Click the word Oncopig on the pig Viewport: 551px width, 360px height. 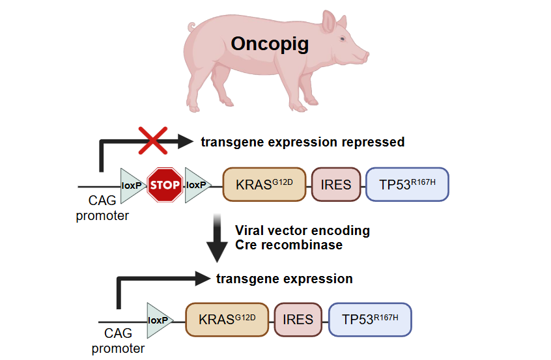[269, 45]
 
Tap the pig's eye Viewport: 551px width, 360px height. [343, 39]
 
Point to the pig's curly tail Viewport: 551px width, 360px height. [191, 28]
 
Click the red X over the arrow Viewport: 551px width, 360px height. [152, 141]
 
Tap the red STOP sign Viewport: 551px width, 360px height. [165, 185]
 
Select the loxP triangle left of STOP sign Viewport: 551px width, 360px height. [132, 185]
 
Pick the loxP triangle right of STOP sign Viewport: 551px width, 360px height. [197, 185]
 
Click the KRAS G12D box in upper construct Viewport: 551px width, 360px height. [264, 184]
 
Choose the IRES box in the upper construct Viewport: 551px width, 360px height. [335, 184]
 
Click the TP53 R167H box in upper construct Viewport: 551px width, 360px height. [407, 184]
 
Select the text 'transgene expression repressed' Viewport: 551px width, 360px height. [302, 142]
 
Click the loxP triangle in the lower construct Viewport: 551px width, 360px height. [159, 320]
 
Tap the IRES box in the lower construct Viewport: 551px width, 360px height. [298, 320]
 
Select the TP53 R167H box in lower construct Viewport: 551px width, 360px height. [370, 320]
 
